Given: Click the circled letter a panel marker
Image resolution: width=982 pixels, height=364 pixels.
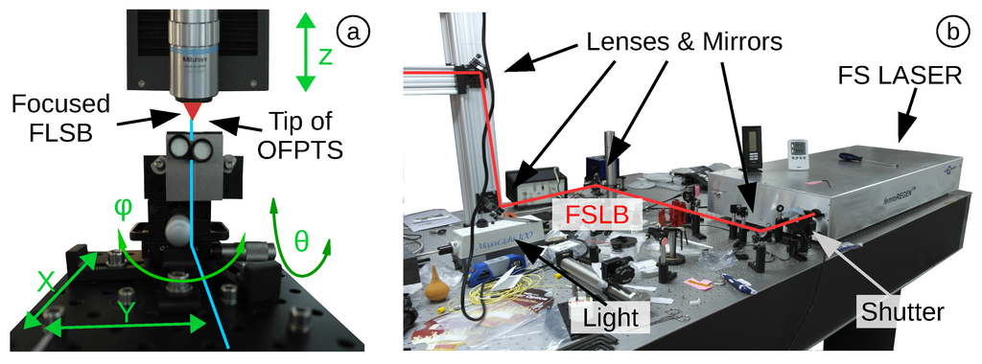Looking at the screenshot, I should pyautogui.click(x=356, y=33).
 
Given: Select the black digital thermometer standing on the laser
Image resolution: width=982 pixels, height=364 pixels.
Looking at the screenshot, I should pyautogui.click(x=753, y=145).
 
